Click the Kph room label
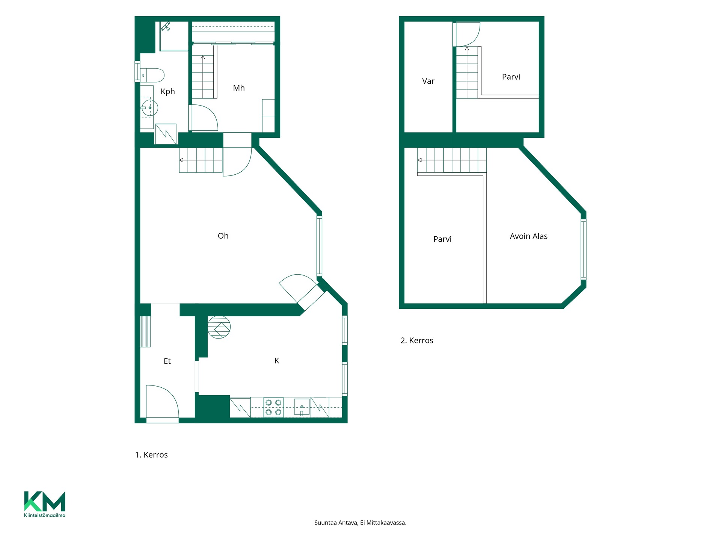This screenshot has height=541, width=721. pos(167,92)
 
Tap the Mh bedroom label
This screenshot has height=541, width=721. pos(239,88)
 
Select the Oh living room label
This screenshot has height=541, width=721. pos(223,236)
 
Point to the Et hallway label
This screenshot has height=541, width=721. pos(167,361)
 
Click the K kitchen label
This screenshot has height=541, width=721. pos(277,361)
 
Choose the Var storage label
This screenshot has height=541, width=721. pos(428,81)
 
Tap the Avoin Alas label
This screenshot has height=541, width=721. pos(528,236)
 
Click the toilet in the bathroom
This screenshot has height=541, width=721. pos(152,75)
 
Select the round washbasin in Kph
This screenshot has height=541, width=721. pos(149,108)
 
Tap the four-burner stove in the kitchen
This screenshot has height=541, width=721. pos(273,407)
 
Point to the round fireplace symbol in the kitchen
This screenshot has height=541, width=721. pos(219,327)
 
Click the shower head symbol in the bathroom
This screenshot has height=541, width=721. pos(166,26)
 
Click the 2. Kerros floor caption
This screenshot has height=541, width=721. pos(417,341)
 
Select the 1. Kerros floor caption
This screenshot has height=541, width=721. pos(151,455)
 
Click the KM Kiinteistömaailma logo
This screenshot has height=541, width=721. pos(45,504)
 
